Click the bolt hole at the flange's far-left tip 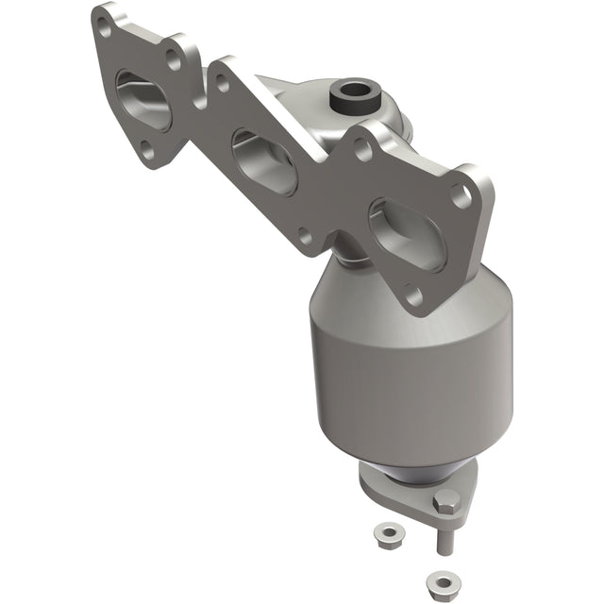pos(104,27)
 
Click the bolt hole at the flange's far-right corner pos(462,195)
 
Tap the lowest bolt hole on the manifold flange pos(414,296)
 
